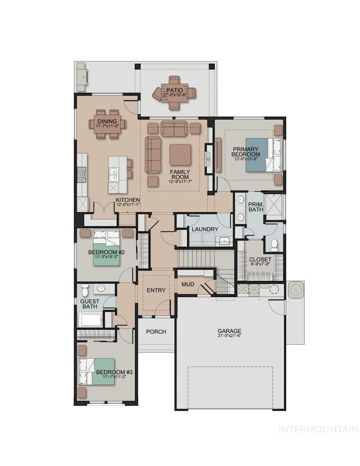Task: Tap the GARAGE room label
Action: tap(229, 331)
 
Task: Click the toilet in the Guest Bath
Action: tap(84, 291)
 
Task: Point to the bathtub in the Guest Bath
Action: tap(90, 320)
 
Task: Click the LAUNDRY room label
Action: tap(205, 229)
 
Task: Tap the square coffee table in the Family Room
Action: tap(180, 155)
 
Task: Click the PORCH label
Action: tap(156, 331)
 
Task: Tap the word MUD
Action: tap(187, 284)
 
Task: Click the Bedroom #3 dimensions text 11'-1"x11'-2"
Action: tap(114, 377)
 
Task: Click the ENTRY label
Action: tap(156, 290)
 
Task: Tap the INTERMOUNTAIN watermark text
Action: tap(318, 429)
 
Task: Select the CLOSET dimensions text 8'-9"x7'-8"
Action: tap(260, 264)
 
